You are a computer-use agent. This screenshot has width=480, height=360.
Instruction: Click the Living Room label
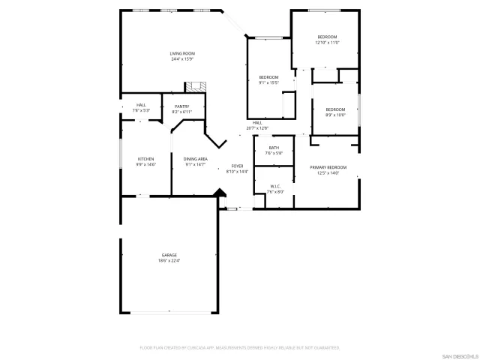click(182, 53)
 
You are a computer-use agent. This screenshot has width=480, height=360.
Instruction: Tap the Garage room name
click(169, 255)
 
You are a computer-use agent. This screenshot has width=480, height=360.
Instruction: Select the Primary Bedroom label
click(328, 167)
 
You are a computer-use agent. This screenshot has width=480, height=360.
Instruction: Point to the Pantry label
click(182, 106)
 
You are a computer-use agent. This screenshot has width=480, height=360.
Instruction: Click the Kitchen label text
click(145, 159)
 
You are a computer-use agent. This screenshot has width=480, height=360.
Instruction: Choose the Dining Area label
click(195, 159)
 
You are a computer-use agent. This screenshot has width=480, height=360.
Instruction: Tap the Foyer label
click(237, 166)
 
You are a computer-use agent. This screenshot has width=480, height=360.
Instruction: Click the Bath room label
click(274, 148)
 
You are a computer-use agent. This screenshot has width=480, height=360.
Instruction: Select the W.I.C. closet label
click(274, 186)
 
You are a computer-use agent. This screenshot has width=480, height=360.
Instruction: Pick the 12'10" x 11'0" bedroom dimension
click(327, 43)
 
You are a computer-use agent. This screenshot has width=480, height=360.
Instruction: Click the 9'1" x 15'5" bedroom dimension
click(268, 82)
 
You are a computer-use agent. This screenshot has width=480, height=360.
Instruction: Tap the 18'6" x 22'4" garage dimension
click(169, 261)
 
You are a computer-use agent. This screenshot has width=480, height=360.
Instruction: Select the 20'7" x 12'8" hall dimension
click(257, 128)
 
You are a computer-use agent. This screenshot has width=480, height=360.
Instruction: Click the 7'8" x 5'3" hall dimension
click(141, 110)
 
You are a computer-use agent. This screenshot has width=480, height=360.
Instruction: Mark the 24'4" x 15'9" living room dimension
click(182, 58)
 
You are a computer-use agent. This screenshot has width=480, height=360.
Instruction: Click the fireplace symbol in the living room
click(196, 85)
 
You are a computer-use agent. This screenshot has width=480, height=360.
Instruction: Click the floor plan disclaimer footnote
click(240, 348)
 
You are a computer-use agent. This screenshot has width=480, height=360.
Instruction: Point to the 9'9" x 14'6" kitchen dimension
click(145, 164)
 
